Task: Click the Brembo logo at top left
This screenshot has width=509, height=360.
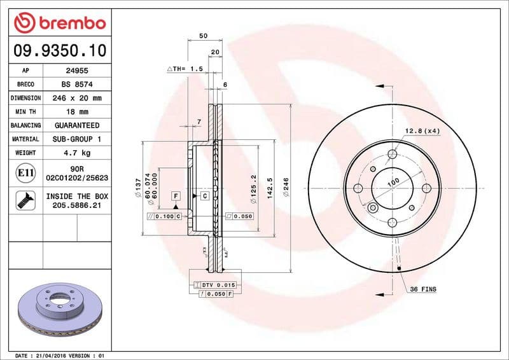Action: (59, 23)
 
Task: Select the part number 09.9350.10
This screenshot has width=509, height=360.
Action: (59, 50)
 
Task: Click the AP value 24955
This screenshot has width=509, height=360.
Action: (77, 71)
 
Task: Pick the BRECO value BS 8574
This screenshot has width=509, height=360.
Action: (77, 84)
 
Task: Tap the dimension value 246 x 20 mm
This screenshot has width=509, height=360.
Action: (77, 98)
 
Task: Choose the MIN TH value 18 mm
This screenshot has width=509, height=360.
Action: (77, 112)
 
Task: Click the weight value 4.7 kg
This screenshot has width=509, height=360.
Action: (77, 153)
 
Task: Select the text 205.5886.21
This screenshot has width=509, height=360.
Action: (77, 206)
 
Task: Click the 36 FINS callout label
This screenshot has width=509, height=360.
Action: (424, 289)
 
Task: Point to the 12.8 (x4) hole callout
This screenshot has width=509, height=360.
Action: (422, 131)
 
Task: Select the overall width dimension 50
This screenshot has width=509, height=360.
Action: (203, 36)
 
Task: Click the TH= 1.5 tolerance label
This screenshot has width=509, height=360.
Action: (185, 68)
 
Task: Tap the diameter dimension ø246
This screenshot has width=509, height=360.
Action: (286, 188)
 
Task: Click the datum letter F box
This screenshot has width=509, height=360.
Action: (176, 195)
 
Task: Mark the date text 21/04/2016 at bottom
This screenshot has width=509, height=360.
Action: (55, 355)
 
